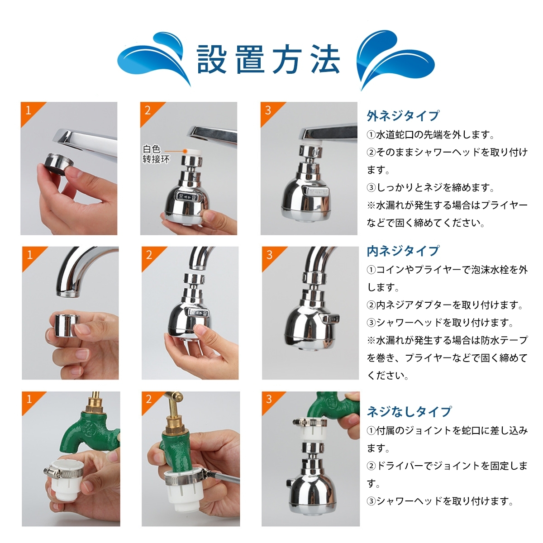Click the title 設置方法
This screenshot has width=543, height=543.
pos(268,59)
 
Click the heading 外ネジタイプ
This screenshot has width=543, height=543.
pos(403,116)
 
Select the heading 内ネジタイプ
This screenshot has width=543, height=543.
pos(403,251)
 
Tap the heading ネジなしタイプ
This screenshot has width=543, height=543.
pos(409,412)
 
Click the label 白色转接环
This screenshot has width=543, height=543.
pos(156,154)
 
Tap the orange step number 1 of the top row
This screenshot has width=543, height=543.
pos(29,110)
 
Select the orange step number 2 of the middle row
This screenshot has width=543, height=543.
pos(149,255)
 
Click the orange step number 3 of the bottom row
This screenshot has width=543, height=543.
pos(269,399)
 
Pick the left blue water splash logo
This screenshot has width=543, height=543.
pos(154,60)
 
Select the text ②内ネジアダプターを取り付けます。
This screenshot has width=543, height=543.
pos(445,305)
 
